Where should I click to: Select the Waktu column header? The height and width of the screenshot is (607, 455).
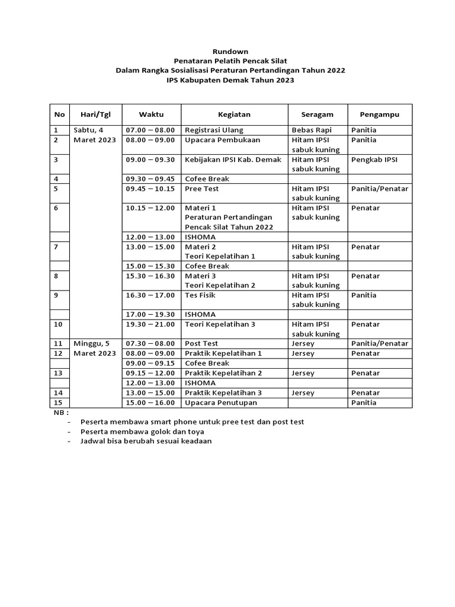coord(151,114)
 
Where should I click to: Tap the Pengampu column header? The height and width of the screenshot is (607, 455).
coord(379,114)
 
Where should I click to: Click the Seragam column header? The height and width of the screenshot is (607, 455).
coord(317,114)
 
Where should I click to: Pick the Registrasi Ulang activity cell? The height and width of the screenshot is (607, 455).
coord(214,130)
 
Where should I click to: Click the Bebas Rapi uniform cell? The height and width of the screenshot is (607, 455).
coord(312,130)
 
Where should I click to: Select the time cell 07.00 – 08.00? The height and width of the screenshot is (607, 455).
coord(150,130)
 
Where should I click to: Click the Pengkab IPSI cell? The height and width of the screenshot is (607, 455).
coord(374,159)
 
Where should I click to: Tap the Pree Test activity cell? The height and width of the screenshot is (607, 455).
coord(202,189)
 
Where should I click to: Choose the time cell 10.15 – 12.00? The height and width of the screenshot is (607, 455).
coord(150,208)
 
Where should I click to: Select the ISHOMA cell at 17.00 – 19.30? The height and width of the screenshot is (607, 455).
coord(200,314)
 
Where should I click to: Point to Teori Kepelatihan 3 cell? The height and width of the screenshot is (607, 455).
coord(220,324)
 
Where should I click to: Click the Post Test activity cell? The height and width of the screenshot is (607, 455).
coord(201,344)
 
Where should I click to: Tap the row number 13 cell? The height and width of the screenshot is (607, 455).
coord(58,373)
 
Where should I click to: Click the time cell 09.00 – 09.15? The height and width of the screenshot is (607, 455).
coord(150,363)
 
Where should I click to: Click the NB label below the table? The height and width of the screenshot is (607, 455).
coord(62,412)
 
